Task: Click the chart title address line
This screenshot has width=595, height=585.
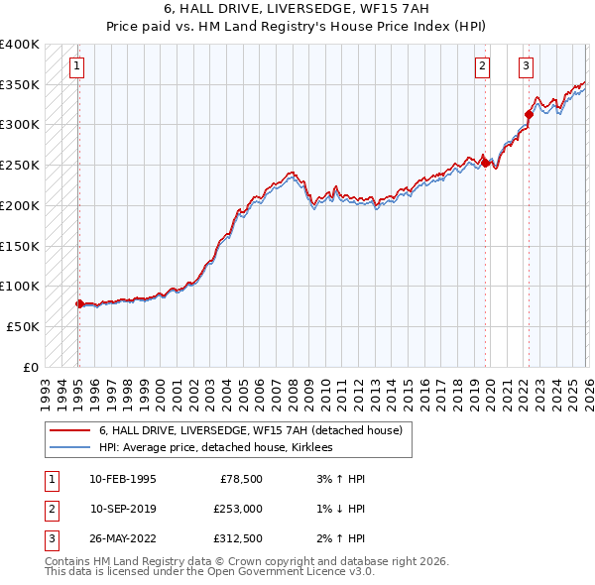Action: (297, 9)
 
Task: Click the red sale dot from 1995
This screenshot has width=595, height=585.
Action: (79, 303)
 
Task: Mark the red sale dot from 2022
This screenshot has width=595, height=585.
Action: (529, 115)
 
